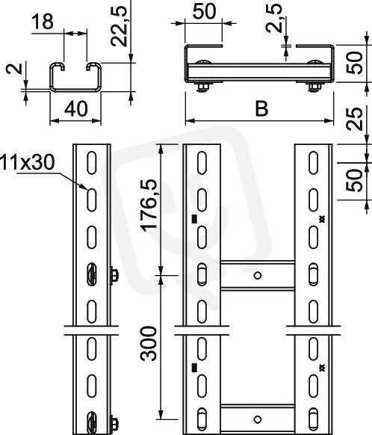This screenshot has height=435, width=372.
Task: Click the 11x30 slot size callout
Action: (x=28, y=163)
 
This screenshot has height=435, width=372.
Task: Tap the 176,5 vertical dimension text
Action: (x=149, y=205)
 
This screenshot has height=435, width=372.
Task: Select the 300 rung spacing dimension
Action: (x=149, y=344)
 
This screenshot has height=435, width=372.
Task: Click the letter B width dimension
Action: (x=261, y=109)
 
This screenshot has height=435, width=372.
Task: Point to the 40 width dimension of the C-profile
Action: (x=75, y=109)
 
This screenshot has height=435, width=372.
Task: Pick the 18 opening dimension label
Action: (x=43, y=22)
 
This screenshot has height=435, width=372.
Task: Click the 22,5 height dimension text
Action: (x=119, y=26)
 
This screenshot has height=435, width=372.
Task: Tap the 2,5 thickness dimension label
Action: (x=274, y=18)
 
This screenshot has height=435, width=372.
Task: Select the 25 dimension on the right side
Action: (x=355, y=119)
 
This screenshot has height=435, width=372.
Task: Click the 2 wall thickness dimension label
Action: (x=14, y=68)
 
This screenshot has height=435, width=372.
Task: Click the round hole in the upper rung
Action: (x=258, y=276)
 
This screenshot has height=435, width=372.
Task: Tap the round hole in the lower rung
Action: (x=258, y=419)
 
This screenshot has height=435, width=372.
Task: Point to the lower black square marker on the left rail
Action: (x=194, y=368)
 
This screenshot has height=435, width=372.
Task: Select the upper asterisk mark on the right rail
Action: (x=322, y=219)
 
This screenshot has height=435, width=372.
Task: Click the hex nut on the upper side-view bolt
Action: (x=114, y=275)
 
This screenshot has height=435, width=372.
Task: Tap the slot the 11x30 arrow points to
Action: (x=91, y=200)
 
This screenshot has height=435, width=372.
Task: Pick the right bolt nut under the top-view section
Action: (x=314, y=87)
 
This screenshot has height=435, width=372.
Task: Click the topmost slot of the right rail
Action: (x=313, y=163)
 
